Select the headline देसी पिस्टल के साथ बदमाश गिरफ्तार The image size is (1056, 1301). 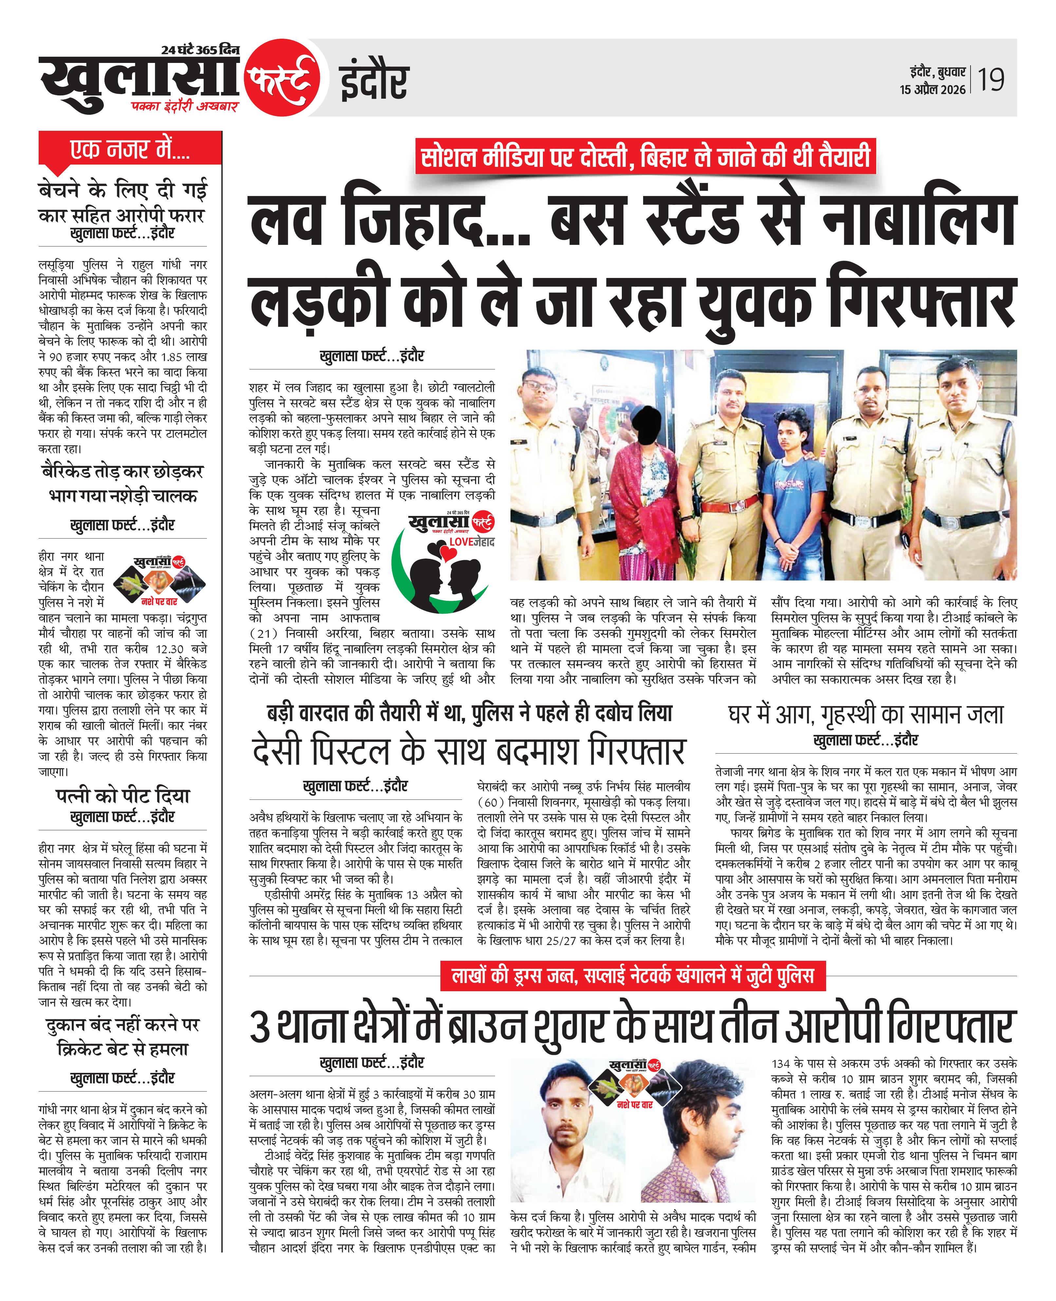(469, 751)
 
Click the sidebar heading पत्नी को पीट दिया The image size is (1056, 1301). (122, 795)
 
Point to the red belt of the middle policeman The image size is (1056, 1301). (730, 504)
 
